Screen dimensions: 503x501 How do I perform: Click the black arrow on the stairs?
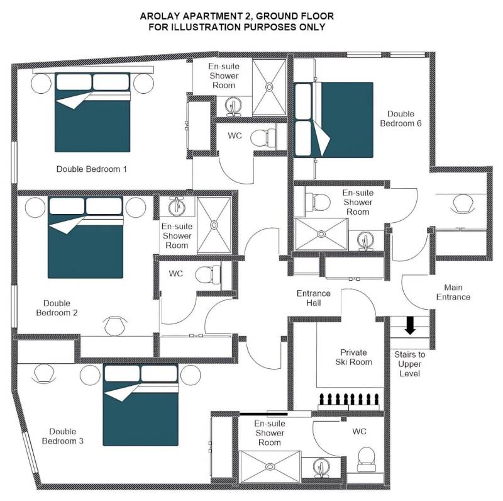410,325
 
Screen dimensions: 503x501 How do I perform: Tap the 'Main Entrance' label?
453,292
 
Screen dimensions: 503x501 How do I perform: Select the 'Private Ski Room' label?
353,357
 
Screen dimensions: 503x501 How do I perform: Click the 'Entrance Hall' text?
313,298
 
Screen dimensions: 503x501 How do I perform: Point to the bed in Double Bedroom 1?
92,112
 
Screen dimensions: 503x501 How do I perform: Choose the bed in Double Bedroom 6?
334,120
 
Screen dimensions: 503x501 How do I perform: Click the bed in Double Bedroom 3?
140,405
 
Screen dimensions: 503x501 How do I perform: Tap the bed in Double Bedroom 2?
86,237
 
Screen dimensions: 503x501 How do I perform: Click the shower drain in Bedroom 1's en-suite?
269,87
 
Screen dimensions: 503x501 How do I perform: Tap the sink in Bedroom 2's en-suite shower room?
177,206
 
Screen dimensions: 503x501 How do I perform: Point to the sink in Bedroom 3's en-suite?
321,468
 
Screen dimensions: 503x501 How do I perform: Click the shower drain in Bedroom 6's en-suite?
321,234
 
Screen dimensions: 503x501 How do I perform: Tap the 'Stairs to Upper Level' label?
410,364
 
